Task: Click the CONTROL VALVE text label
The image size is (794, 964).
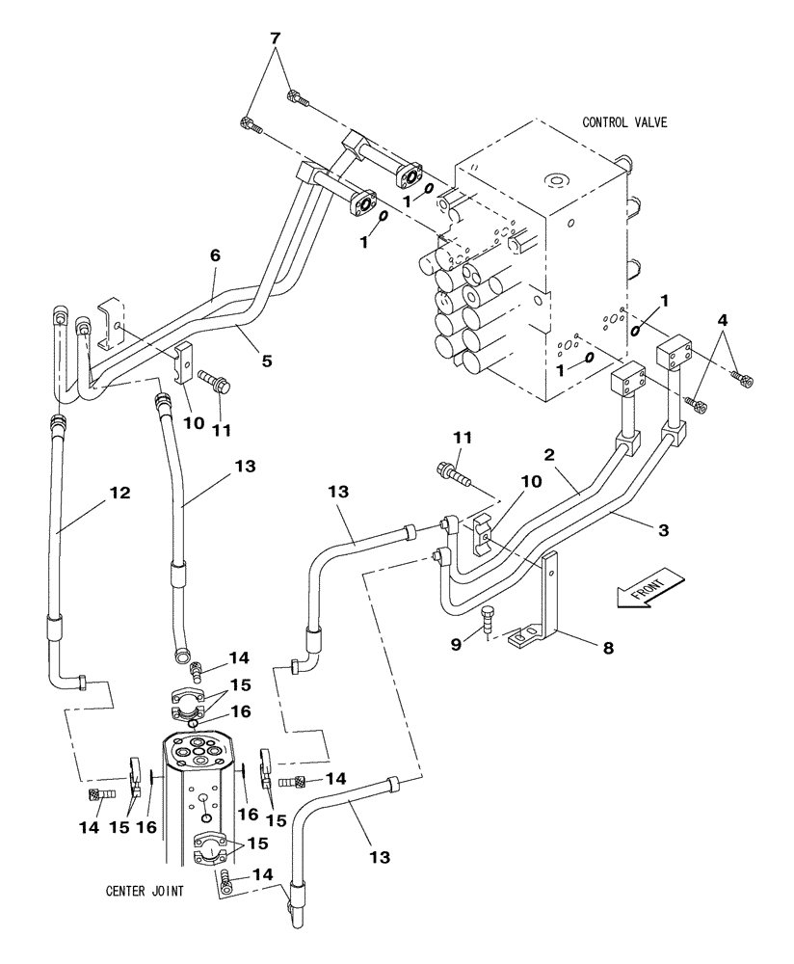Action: click(x=624, y=122)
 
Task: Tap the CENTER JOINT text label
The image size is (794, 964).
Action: click(x=145, y=891)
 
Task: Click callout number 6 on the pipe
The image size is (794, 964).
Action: click(x=215, y=255)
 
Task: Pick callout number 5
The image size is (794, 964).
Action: click(x=267, y=361)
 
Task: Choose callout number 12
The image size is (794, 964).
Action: click(x=119, y=493)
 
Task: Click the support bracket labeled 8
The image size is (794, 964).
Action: click(x=550, y=598)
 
